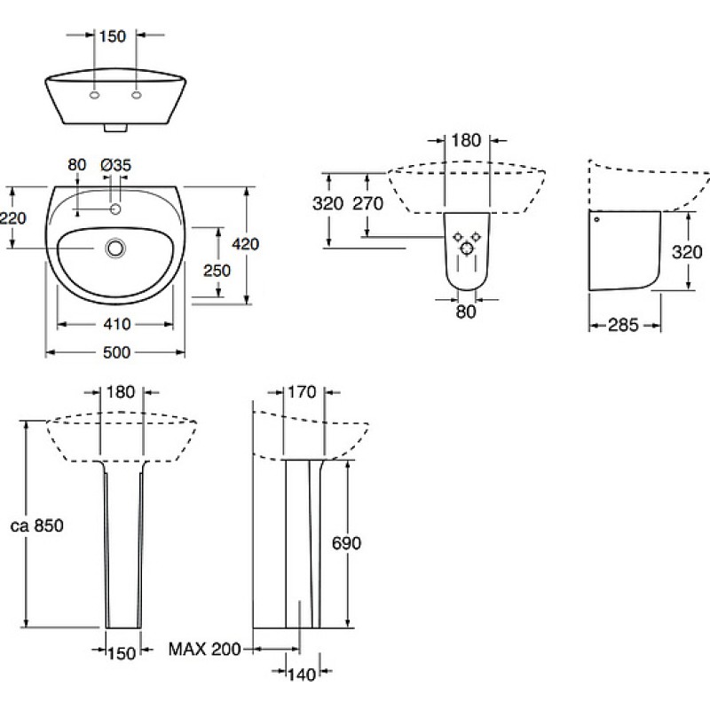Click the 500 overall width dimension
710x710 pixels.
(116, 352)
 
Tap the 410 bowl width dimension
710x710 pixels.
(117, 324)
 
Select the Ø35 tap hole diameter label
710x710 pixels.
(116, 165)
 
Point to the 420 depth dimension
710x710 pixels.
(246, 244)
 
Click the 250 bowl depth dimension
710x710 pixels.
(217, 271)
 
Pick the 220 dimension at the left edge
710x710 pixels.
(12, 218)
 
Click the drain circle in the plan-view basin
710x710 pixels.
(116, 248)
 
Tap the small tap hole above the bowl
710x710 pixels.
(116, 209)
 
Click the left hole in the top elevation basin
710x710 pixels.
(95, 95)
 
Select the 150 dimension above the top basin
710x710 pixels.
(113, 36)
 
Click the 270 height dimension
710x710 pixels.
(367, 204)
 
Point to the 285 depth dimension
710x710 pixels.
(623, 325)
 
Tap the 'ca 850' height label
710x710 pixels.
(37, 525)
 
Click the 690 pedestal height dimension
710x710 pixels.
(346, 543)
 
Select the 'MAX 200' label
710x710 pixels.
(205, 650)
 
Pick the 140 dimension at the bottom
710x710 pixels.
(302, 674)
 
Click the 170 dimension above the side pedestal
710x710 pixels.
(302, 392)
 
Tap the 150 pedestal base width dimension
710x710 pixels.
(122, 653)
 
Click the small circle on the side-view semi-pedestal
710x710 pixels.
(596, 219)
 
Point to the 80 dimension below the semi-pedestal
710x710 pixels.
(466, 312)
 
